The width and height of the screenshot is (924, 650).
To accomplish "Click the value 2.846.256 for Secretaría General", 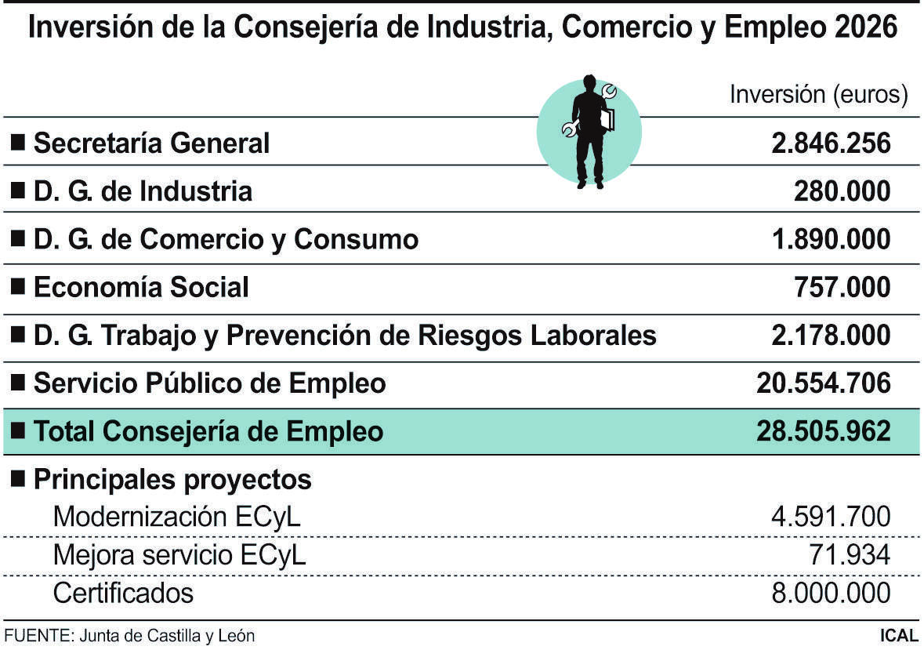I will [x=831, y=143].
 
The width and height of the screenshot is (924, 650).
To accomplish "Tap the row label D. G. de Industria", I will [x=143, y=191].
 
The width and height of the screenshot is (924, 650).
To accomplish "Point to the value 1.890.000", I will [x=831, y=240].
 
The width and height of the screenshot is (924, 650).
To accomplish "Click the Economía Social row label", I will [x=141, y=288].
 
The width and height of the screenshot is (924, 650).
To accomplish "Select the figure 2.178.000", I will [x=831, y=336].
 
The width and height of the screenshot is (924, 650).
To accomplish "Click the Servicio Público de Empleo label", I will [x=209, y=383].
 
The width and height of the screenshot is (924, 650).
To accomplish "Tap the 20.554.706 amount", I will [x=824, y=383].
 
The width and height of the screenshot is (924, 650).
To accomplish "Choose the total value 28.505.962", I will [x=824, y=431].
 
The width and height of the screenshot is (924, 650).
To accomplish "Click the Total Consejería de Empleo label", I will [x=208, y=431].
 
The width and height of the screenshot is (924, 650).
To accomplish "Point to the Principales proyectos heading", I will [x=172, y=479].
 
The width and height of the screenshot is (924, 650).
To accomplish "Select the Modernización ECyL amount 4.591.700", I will [x=831, y=517].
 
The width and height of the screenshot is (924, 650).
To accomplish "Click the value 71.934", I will [x=850, y=555].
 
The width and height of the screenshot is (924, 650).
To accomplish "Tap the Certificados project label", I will [x=123, y=593].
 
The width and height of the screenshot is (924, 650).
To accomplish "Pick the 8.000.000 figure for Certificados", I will [x=831, y=593].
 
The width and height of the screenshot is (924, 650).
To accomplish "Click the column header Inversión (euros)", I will [x=819, y=95].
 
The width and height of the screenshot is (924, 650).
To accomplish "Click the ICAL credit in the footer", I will [x=899, y=635].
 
